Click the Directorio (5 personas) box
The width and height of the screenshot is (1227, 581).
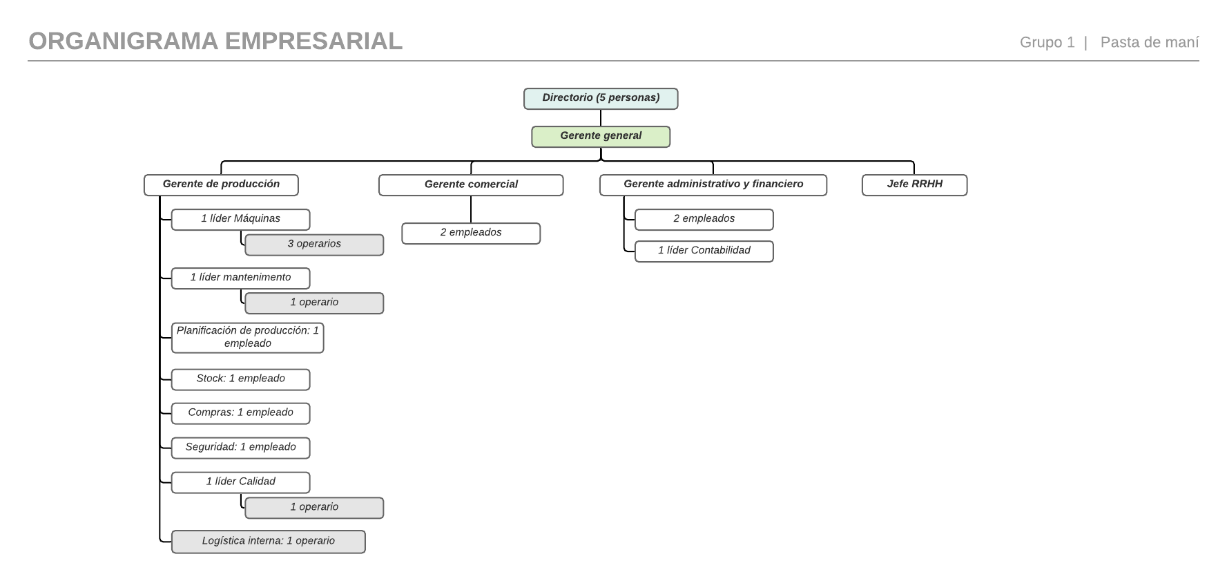click(x=601, y=99)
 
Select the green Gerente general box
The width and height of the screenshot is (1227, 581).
click(x=601, y=137)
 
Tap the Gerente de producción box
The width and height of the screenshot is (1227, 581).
click(x=221, y=185)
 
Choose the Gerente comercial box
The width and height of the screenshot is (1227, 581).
click(x=471, y=185)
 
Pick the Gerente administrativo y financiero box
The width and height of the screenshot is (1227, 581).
click(x=713, y=185)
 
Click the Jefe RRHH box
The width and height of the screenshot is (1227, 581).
click(x=914, y=185)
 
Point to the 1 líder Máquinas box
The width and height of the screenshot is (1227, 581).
click(x=240, y=220)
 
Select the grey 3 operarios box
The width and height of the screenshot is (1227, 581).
click(x=314, y=245)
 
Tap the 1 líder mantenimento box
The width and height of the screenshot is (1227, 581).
click(x=240, y=278)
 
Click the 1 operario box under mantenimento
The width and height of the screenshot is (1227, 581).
click(x=314, y=303)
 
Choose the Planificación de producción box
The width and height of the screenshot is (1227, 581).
click(x=247, y=338)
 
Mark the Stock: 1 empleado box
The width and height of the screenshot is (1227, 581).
click(x=240, y=379)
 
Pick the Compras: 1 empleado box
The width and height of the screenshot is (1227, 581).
click(x=240, y=413)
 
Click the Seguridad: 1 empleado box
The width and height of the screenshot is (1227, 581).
click(x=240, y=448)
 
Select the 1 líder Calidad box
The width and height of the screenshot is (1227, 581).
click(x=240, y=482)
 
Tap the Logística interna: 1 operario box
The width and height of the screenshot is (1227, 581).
click(x=268, y=542)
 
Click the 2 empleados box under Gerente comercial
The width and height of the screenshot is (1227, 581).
click(x=471, y=234)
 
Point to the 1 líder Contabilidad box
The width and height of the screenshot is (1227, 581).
click(x=704, y=251)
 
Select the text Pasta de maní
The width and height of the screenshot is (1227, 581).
click(x=1150, y=42)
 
